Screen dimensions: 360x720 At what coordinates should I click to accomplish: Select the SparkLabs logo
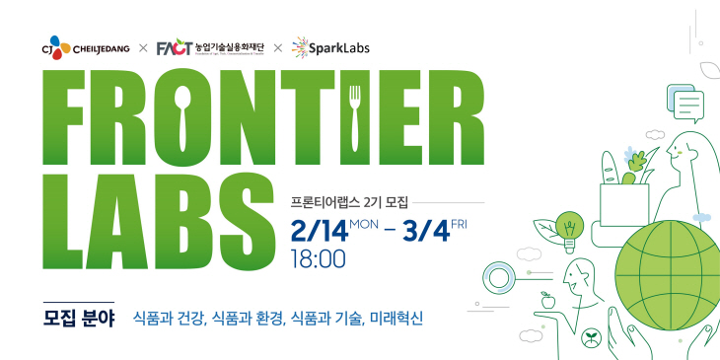click(x=331, y=47)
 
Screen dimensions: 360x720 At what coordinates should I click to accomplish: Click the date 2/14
click(x=319, y=234)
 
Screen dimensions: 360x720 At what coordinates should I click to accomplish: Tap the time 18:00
click(x=319, y=260)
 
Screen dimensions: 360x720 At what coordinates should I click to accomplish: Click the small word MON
click(x=363, y=225)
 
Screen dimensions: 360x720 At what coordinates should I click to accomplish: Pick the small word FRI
click(x=459, y=225)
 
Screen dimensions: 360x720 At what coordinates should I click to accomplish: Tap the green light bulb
click(x=568, y=226)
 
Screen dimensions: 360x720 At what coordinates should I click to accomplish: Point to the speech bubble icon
click(x=685, y=101)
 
